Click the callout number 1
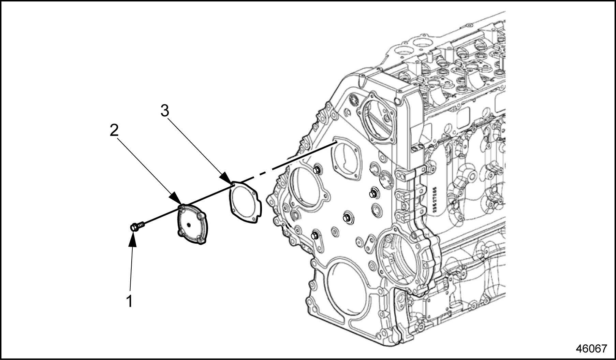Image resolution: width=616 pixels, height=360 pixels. (x=129, y=301)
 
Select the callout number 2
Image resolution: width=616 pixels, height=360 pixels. (x=114, y=130)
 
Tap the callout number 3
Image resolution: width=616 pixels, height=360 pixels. (x=165, y=111)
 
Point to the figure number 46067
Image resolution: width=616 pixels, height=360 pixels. (x=591, y=348)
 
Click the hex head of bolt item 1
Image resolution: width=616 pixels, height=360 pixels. (x=134, y=227)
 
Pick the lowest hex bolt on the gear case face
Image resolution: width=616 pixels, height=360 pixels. (x=315, y=235)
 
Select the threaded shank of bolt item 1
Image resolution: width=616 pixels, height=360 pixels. (x=142, y=224)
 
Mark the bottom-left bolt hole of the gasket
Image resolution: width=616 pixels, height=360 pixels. (x=234, y=214)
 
